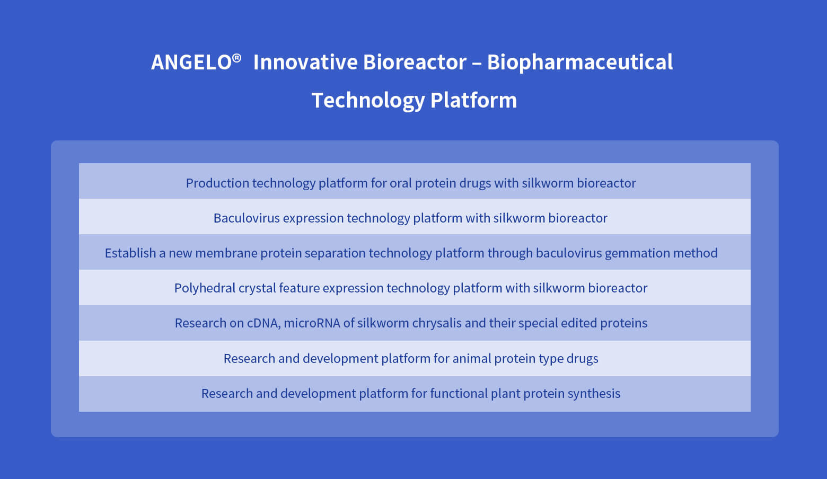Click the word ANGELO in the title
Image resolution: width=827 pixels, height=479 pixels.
[x=191, y=62]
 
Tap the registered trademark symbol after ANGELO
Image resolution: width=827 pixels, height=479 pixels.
[x=236, y=58]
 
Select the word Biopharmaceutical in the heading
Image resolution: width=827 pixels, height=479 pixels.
[x=579, y=63]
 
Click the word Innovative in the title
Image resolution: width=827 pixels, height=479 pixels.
[x=305, y=62]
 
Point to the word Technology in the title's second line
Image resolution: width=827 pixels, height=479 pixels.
[x=368, y=101]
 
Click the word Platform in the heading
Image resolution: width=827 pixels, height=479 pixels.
[x=474, y=100]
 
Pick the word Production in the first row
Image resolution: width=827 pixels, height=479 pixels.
[x=217, y=183]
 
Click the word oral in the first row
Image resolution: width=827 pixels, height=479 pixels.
[x=401, y=183]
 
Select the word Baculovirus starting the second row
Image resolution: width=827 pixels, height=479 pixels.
[x=247, y=218]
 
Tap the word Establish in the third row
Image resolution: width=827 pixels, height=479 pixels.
[x=130, y=253]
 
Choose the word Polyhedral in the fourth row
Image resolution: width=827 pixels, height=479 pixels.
[x=205, y=288]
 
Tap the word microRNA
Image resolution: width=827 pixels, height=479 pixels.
[x=312, y=323]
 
